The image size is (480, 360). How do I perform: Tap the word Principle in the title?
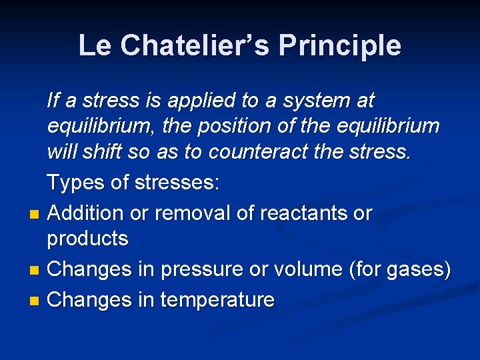[x=340, y=45]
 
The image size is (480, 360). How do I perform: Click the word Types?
[x=75, y=183]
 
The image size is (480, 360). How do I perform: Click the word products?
[x=88, y=239]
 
